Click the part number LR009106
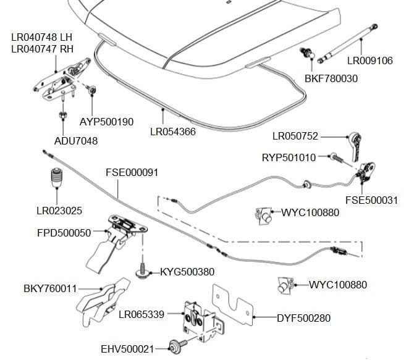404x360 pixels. tap(369, 61)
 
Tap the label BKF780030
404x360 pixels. tap(331, 78)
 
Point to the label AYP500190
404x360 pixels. tap(106, 122)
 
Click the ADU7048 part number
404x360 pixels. tap(76, 141)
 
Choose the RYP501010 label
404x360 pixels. tap(289, 157)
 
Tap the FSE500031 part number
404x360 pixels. tap(371, 200)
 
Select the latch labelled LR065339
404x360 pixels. tap(197, 317)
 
